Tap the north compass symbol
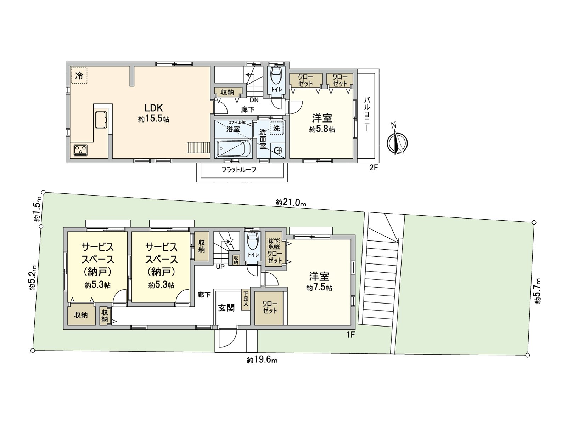tap(397, 143)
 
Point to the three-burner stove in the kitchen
tap(81, 150)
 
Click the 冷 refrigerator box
tap(79, 75)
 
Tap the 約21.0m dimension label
tap(291, 203)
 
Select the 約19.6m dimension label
tap(262, 360)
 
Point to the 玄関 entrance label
tap(226, 308)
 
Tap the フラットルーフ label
tap(238, 170)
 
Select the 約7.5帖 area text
tap(319, 288)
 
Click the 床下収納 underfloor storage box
tap(274, 244)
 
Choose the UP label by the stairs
tap(220, 267)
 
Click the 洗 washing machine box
tap(276, 129)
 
